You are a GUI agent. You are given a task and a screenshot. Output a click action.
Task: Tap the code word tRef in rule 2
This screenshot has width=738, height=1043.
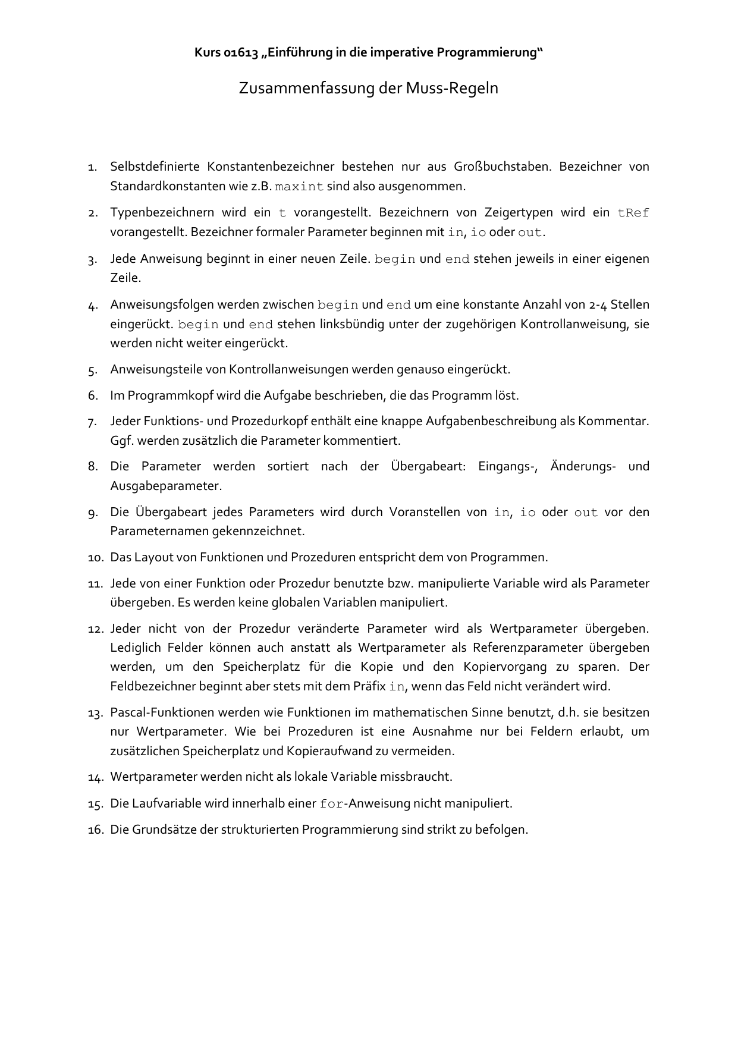633,213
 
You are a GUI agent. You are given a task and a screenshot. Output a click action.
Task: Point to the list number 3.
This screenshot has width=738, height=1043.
92,260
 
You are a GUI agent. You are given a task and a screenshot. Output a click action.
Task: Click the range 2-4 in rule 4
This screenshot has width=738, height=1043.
595,305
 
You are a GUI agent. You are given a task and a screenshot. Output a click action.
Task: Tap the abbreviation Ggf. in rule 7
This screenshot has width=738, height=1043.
121,441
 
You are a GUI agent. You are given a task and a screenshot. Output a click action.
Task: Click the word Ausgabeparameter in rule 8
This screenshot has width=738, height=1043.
165,486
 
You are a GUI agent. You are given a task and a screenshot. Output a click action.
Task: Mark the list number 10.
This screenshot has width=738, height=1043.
95,558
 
